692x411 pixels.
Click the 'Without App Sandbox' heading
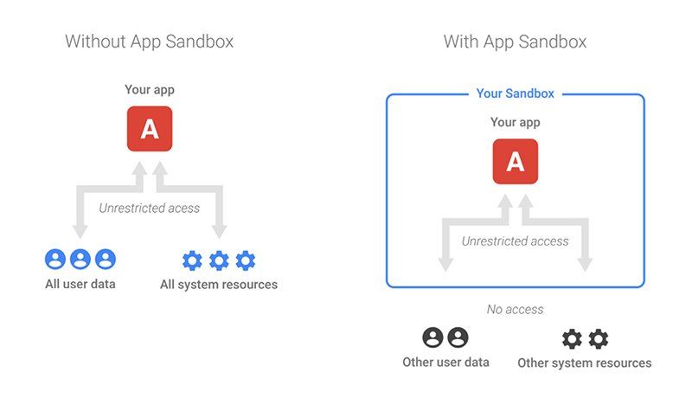(149, 42)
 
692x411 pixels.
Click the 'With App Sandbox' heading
(515, 42)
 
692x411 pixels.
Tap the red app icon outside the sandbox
(150, 129)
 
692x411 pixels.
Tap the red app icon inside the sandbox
(516, 162)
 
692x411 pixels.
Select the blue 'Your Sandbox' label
(515, 93)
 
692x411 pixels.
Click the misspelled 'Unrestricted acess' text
(149, 208)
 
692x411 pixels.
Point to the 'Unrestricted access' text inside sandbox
(515, 241)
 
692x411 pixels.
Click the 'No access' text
(515, 310)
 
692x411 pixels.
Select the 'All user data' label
(80, 284)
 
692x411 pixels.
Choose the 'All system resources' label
(219, 285)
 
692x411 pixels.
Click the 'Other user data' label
(445, 363)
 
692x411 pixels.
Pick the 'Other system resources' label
(585, 363)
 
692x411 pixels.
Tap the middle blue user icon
(80, 259)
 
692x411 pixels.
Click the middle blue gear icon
(219, 260)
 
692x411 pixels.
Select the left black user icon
(432, 337)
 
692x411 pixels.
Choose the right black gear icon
(599, 339)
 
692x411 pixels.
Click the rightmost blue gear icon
(246, 260)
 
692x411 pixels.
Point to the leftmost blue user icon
(55, 259)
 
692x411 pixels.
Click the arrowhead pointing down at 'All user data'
(80, 231)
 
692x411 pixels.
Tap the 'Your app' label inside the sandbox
(515, 122)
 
